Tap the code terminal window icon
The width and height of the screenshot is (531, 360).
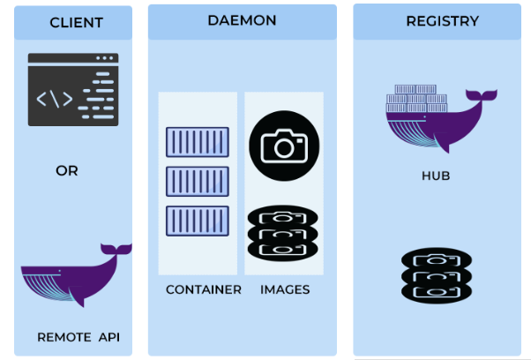[73, 89]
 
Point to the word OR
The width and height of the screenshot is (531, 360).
[67, 171]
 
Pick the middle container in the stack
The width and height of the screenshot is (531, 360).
[197, 182]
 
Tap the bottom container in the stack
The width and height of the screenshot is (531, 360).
[197, 221]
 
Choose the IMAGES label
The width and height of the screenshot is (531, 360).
[283, 289]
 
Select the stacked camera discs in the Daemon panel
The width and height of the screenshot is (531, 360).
[284, 232]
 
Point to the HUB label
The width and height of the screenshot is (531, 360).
[436, 176]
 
